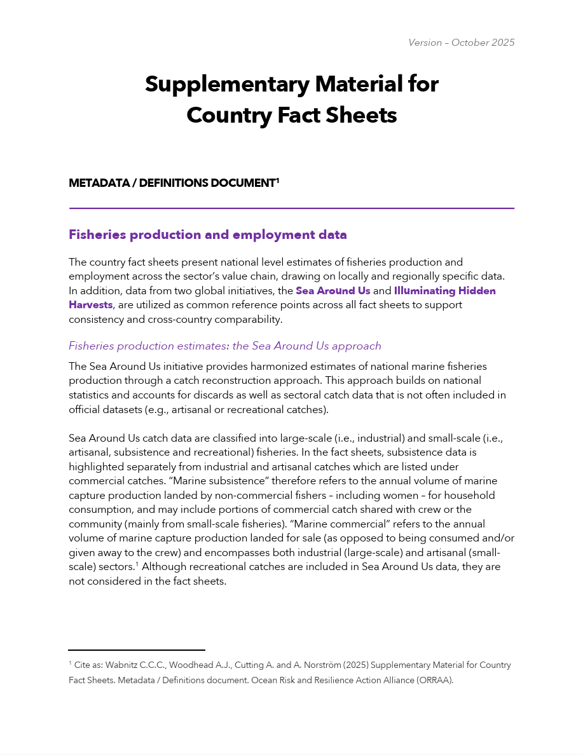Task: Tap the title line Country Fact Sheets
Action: pyautogui.click(x=291, y=115)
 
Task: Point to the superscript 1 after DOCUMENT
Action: pyautogui.click(x=277, y=180)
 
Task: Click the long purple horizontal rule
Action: pyautogui.click(x=291, y=208)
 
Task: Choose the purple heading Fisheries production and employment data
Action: pyautogui.click(x=207, y=235)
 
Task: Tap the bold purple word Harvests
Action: pyautogui.click(x=90, y=304)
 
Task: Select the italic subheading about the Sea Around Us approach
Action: pyautogui.click(x=224, y=346)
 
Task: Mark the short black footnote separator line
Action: pyautogui.click(x=137, y=650)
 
